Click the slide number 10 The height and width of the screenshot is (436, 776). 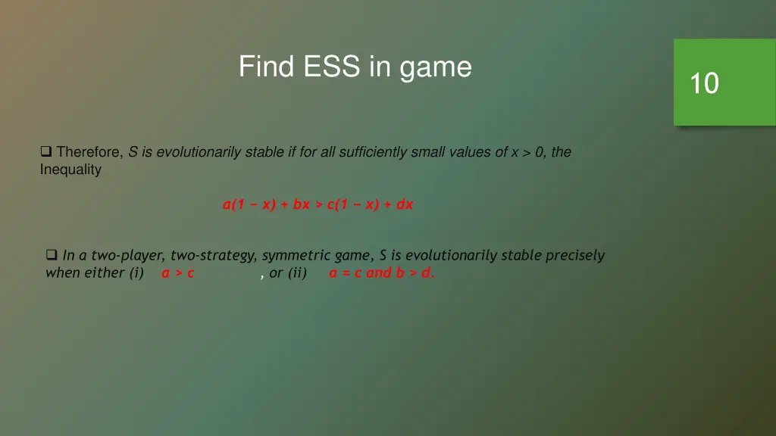tap(704, 83)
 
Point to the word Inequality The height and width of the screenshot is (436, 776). tap(70, 170)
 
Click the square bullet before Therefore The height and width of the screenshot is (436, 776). tap(46, 152)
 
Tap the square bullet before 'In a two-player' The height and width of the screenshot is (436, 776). tap(52, 255)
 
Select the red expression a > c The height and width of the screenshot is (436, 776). tap(178, 273)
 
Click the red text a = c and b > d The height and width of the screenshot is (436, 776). tap(382, 273)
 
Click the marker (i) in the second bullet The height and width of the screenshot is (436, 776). tap(136, 273)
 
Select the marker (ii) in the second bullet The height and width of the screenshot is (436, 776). tap(297, 273)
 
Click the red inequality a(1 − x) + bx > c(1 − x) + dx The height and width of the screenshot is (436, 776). tap(318, 204)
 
